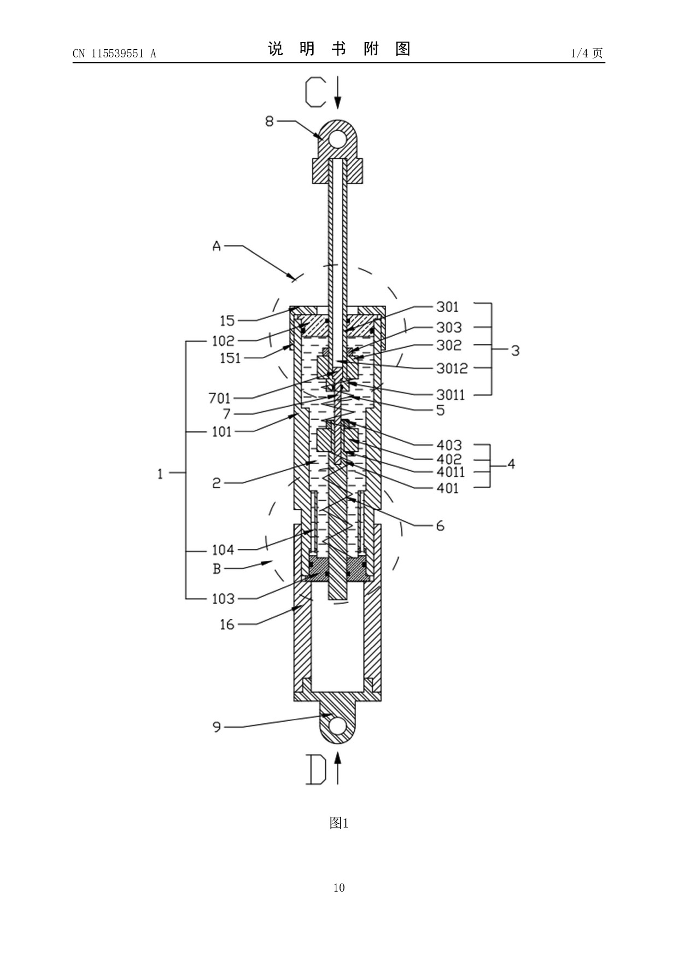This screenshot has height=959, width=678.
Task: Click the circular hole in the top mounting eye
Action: [x=338, y=138]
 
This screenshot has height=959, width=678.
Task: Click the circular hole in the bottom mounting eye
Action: [x=338, y=726]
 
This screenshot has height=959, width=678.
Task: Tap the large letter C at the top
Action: [x=315, y=91]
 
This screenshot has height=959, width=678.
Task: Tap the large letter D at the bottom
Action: [x=315, y=769]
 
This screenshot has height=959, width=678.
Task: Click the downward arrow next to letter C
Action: [x=338, y=93]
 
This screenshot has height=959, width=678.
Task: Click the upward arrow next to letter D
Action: [x=338, y=768]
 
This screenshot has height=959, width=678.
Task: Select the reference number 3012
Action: [x=452, y=369]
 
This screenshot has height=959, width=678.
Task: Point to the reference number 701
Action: [x=219, y=398]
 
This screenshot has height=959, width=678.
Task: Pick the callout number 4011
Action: [x=451, y=472]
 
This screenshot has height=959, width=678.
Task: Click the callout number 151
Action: [x=230, y=358]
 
